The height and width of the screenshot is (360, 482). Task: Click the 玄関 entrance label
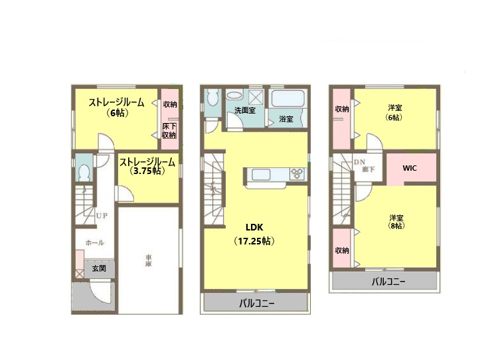tap(99, 268)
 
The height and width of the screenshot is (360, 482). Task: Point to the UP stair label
tap(102, 216)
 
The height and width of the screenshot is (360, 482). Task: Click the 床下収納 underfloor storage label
tap(169, 130)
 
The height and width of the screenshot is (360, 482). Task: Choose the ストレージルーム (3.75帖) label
tap(147, 166)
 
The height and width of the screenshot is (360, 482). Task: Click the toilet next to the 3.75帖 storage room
tap(84, 171)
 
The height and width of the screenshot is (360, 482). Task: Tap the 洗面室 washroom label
tap(244, 111)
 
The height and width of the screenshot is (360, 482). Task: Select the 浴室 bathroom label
tap(286, 120)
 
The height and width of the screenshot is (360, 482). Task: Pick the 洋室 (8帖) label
tap(397, 221)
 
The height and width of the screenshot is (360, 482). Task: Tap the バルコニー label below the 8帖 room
tap(388, 282)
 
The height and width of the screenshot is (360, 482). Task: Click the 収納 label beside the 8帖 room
tap(342, 250)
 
